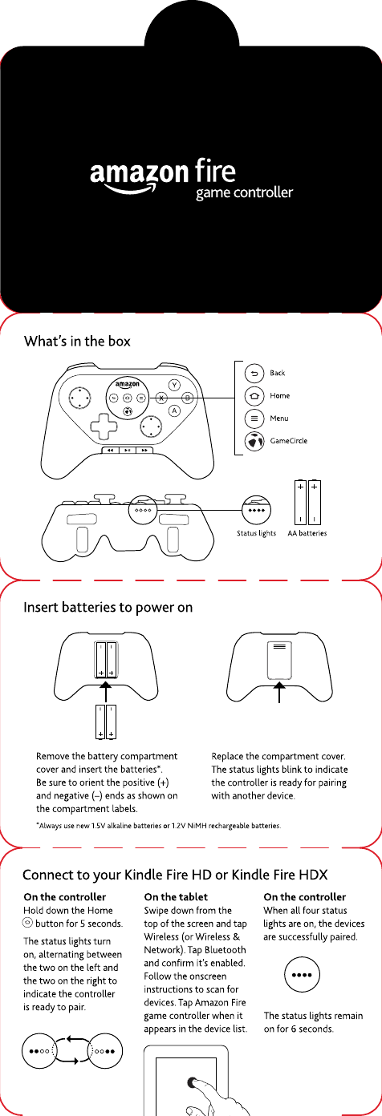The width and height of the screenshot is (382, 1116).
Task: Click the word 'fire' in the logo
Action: [215, 171]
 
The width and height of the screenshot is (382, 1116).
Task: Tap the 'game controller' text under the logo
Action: [244, 192]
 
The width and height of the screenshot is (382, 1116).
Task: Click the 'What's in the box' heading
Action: [77, 342]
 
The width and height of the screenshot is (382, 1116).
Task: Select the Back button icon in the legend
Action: [254, 373]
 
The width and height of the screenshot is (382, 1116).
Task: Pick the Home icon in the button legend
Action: [254, 396]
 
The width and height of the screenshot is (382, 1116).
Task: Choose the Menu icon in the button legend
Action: [254, 418]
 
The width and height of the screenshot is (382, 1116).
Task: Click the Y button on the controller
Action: [174, 385]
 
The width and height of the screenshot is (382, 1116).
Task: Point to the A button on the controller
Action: [174, 411]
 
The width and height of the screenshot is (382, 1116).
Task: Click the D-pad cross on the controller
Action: [104, 426]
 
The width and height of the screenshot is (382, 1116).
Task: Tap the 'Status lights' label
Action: [256, 534]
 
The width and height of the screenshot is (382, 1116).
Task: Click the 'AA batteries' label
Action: [307, 533]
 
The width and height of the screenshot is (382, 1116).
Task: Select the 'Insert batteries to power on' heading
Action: [108, 608]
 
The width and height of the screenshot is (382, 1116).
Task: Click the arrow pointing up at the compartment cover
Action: [279, 692]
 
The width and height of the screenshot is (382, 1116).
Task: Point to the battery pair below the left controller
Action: [106, 722]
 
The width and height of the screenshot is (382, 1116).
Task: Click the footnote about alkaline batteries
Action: [159, 826]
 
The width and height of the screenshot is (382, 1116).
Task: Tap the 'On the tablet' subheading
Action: [176, 897]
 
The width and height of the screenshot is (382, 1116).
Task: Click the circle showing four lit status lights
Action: [302, 975]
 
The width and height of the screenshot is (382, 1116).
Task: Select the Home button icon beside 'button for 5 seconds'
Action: [28, 924]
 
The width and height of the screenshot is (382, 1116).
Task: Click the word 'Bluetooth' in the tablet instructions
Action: [225, 949]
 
